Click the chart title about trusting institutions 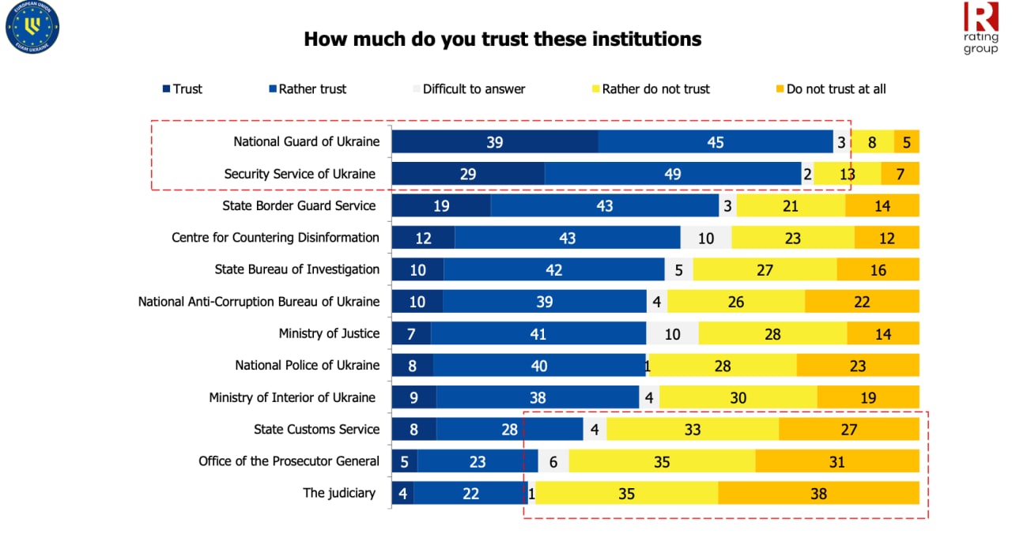tap(502, 39)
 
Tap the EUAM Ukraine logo tap(32, 28)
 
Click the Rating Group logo tap(980, 28)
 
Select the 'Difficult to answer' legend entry tap(474, 89)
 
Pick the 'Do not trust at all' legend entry tap(836, 89)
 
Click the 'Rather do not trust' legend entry tap(655, 89)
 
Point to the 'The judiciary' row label tap(339, 493)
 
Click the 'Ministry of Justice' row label tap(329, 333)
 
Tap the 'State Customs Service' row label tap(316, 429)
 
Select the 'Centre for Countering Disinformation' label tap(275, 237)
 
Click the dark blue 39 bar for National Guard tap(495, 142)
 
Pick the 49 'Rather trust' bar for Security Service tap(673, 174)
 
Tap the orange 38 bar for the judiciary tap(818, 493)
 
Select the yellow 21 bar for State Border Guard tap(791, 205)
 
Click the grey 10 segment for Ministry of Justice tap(672, 333)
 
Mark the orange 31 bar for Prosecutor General tap(836, 461)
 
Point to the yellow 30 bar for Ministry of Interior tap(738, 397)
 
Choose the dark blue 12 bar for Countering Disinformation tap(423, 238)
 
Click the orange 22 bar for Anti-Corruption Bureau tap(862, 302)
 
